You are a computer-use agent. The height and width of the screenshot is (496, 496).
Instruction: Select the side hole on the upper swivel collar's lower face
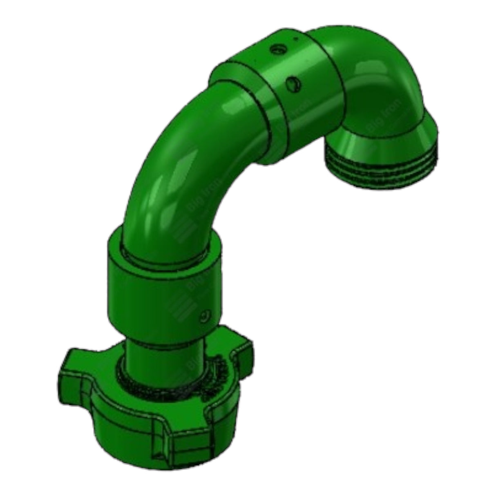(293, 85)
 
